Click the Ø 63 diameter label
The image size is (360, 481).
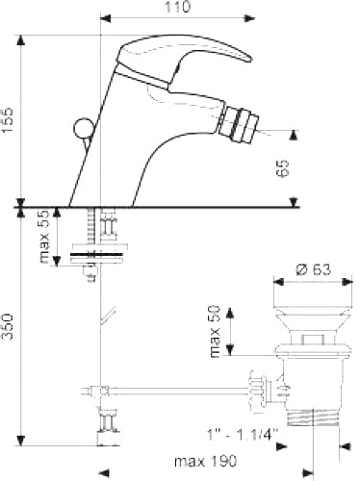click(308, 268)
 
